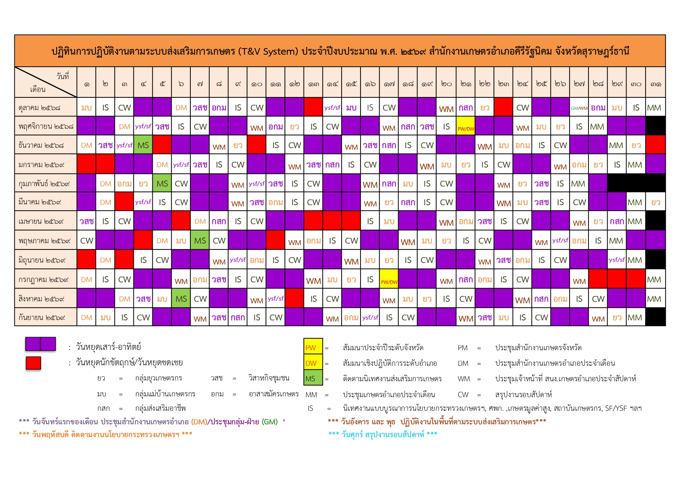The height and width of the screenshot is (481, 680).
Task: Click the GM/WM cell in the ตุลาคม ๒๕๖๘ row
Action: click(579, 108)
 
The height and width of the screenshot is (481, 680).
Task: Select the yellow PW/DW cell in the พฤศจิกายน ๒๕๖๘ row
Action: click(466, 127)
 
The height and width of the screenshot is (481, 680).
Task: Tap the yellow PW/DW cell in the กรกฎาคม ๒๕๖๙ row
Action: click(389, 280)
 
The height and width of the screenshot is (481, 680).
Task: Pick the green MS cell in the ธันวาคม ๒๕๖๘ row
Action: click(143, 145)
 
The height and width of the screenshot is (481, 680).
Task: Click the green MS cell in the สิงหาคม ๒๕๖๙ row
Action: click(181, 299)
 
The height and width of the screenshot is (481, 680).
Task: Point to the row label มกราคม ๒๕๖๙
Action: click(41, 164)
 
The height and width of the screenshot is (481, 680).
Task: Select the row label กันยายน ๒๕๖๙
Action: click(42, 318)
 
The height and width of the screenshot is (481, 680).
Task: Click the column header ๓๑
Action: click(656, 83)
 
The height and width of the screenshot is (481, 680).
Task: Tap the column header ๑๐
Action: click(257, 83)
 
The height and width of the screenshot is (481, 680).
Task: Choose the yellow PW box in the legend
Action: click(313, 348)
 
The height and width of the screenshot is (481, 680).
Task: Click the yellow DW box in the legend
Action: click(313, 363)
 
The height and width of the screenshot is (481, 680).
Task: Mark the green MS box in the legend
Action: click(313, 379)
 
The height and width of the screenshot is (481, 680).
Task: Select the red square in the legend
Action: click(33, 363)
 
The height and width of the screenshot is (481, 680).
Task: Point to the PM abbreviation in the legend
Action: click(463, 348)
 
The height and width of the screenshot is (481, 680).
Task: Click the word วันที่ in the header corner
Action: click(62, 76)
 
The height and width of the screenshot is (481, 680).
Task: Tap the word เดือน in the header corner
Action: click(38, 90)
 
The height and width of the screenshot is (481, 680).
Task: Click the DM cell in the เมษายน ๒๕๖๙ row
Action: click(200, 221)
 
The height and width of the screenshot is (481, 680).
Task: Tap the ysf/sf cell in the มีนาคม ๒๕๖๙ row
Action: click(143, 202)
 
